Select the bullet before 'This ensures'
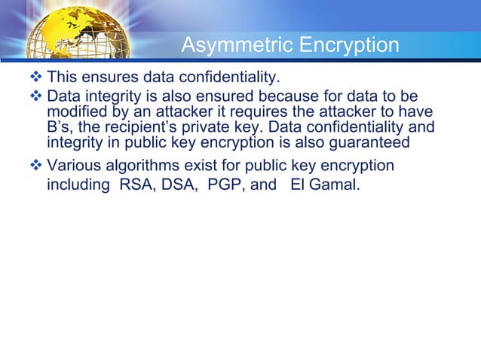(x=38, y=76)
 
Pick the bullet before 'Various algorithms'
(x=38, y=166)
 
